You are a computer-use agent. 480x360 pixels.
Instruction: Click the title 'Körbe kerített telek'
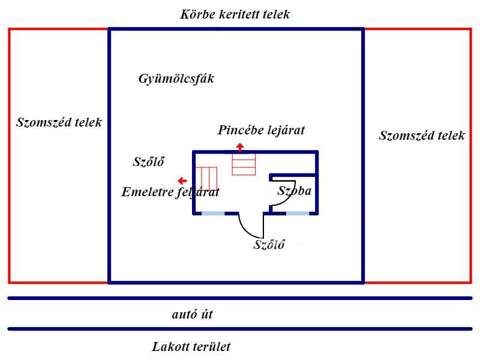[x=235, y=14]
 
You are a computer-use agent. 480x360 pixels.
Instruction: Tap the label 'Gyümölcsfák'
[x=176, y=79]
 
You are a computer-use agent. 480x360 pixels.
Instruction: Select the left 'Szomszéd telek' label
[x=58, y=122]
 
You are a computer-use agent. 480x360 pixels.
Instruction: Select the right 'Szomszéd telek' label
[x=422, y=135]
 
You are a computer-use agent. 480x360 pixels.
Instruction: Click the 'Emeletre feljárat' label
[x=170, y=193]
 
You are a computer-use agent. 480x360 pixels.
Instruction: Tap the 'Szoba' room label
[x=294, y=191]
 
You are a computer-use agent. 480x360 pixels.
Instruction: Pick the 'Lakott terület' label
[x=192, y=346]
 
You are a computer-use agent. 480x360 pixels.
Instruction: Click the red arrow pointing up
[x=239, y=147]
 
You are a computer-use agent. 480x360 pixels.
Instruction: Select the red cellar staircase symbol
[x=244, y=164]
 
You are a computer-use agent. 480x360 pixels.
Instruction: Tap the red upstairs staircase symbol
[x=208, y=178]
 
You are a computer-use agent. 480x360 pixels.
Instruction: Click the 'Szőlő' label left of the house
[x=148, y=161]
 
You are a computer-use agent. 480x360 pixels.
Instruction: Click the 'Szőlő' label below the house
[x=268, y=244]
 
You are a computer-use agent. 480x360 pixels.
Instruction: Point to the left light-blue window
[x=212, y=213]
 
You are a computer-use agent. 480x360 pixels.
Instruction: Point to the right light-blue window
[x=298, y=213]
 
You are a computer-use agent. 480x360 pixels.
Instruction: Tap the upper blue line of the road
[x=240, y=298]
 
